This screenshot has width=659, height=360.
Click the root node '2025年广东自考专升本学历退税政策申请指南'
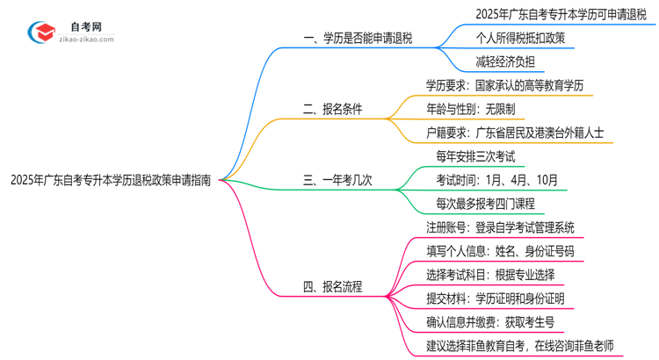[111, 180]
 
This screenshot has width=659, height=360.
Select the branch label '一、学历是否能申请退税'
[357, 39]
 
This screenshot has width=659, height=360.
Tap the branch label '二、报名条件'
[332, 110]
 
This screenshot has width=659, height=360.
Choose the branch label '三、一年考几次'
[337, 180]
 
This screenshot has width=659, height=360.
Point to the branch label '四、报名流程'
[332, 286]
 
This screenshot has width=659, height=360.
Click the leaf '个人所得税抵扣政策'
[508, 38]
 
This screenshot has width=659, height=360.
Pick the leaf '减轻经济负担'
[491, 61]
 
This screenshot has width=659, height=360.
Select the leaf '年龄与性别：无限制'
[476, 110]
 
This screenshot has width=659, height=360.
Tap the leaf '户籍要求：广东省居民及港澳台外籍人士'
[514, 133]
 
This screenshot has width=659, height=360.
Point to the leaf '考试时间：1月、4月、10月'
[496, 180]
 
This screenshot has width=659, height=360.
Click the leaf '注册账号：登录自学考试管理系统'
[500, 227]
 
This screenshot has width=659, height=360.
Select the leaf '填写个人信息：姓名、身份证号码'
[500, 251]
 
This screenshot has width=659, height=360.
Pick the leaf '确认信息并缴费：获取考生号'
[494, 322]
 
